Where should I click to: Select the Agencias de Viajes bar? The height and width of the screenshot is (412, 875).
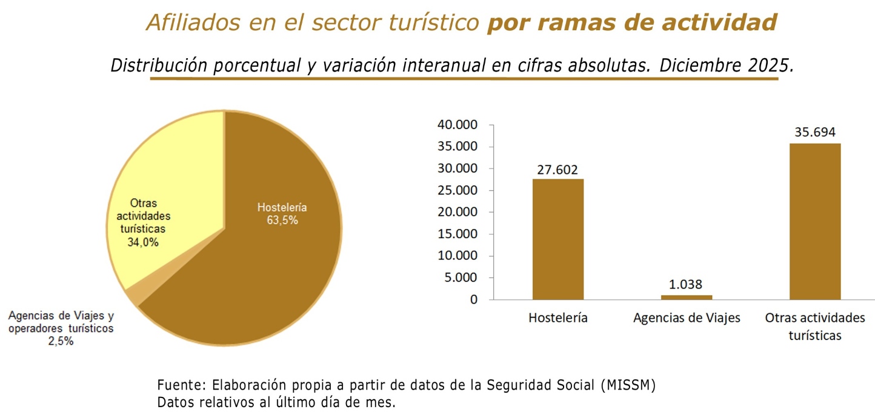[x=687, y=297]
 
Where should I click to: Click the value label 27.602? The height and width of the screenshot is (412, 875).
[x=558, y=169]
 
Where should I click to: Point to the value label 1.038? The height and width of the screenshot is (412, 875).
[x=687, y=285]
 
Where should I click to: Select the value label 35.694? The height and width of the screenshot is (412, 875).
[x=815, y=133]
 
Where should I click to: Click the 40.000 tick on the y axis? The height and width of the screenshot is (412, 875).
[x=457, y=125]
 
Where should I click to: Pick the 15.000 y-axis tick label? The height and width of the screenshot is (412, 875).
[x=457, y=234]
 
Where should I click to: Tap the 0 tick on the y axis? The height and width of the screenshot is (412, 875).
[x=474, y=300]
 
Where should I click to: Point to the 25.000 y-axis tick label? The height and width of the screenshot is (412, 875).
[x=457, y=191]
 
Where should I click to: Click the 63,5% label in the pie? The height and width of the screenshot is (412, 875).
[x=282, y=221]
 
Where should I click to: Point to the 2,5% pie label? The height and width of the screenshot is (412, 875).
[x=61, y=341]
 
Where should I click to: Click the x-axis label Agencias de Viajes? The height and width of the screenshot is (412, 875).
[x=687, y=318]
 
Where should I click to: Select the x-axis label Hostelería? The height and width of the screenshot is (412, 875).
[x=558, y=318]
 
